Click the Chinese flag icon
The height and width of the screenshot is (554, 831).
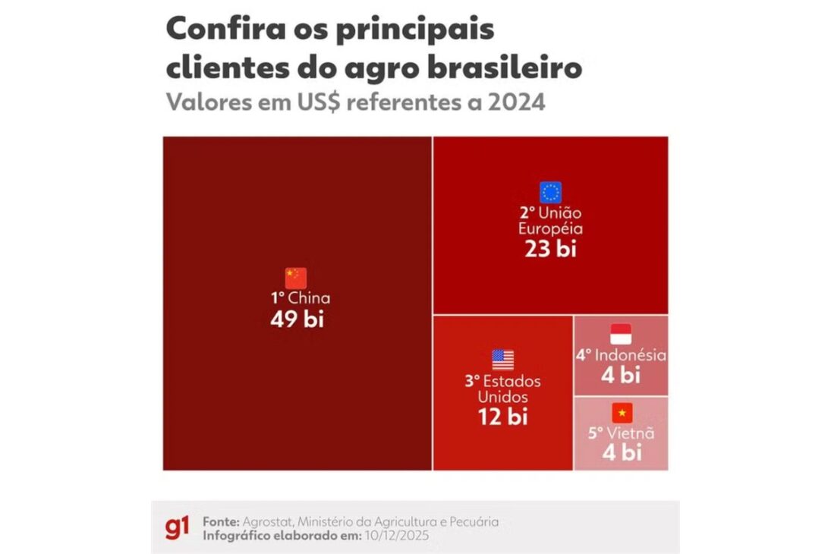pos(296,278)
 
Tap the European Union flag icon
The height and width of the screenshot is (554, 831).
pos(550,192)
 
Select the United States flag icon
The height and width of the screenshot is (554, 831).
pos(502,359)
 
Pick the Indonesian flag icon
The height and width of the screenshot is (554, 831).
pos(621,334)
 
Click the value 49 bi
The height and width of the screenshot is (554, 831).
pos(297,319)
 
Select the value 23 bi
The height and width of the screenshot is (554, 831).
pos(550,249)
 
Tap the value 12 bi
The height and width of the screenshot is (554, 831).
pos(502,416)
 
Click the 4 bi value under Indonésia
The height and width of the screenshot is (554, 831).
pos(621,375)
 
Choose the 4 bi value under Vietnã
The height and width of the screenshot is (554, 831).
pos(622,453)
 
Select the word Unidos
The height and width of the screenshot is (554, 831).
pos(502,397)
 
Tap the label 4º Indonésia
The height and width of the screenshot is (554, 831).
pos(620,355)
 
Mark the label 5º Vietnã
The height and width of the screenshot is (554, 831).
pos(621,434)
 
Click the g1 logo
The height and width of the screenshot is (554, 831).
pos(177,527)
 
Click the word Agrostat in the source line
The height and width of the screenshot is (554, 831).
pos(267,521)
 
